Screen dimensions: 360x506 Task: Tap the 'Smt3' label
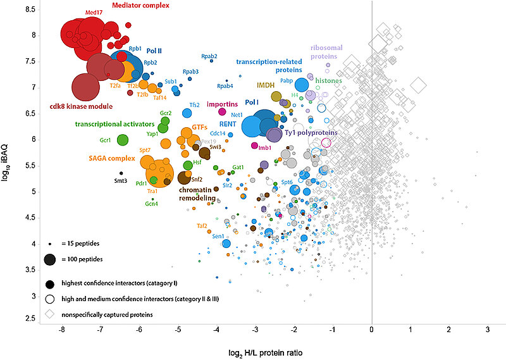[120, 180]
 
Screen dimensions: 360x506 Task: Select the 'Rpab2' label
[209, 56]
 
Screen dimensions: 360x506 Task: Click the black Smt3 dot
[121, 173]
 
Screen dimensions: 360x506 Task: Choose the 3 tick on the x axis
[488, 330]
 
